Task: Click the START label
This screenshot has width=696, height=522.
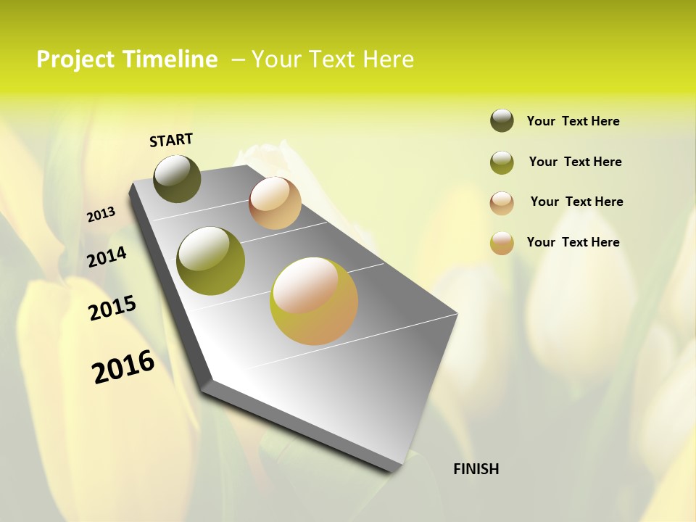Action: [x=171, y=140]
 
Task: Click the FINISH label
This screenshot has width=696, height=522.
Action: [x=476, y=469]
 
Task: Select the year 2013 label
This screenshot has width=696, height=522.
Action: [x=101, y=214]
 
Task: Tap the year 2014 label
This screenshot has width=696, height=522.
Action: [x=107, y=257]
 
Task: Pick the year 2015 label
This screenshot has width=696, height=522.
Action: [x=112, y=308]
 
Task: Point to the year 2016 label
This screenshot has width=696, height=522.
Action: [x=123, y=367]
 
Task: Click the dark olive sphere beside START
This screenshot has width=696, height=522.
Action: [x=177, y=178]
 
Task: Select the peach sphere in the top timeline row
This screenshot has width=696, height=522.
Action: [x=275, y=203]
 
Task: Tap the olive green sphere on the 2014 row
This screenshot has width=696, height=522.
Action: [x=210, y=261]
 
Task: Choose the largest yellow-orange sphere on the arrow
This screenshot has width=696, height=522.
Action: [x=314, y=301]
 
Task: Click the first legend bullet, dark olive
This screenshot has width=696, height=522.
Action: [x=502, y=120]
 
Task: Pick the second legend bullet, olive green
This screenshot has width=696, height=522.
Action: [x=502, y=162]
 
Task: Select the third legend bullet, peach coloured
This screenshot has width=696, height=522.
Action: [x=502, y=203]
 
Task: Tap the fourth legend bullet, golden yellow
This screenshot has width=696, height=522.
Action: [x=502, y=243]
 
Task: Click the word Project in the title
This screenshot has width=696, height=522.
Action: [x=76, y=59]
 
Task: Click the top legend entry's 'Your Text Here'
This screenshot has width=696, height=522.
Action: [x=573, y=122]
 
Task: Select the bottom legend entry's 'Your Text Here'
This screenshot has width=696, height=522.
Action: [x=573, y=242]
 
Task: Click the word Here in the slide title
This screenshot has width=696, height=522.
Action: [x=388, y=59]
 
